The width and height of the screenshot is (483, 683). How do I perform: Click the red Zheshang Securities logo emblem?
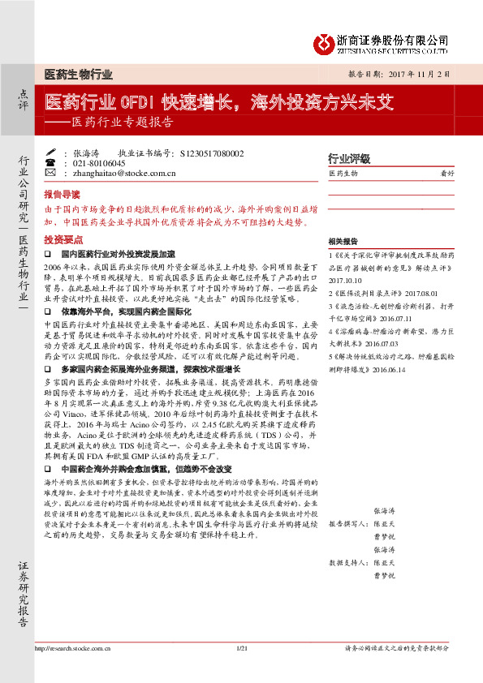[325, 41]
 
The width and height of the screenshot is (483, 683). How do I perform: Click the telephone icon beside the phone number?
[52, 162]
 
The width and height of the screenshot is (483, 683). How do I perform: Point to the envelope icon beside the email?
[52, 173]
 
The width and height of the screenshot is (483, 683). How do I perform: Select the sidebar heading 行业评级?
[348, 157]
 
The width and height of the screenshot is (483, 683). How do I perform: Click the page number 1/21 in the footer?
[240, 671]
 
